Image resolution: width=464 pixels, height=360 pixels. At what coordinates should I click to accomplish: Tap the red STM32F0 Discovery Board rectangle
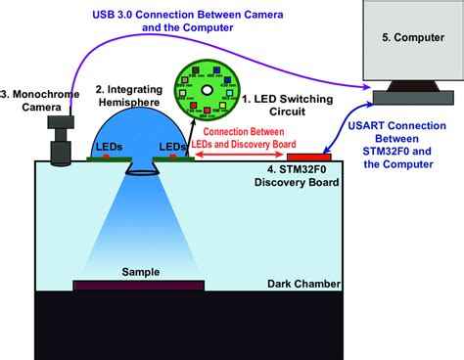(x=307, y=157)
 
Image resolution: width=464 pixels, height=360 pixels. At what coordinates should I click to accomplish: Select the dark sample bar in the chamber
(x=139, y=286)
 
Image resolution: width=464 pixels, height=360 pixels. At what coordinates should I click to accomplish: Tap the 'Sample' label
(x=139, y=271)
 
